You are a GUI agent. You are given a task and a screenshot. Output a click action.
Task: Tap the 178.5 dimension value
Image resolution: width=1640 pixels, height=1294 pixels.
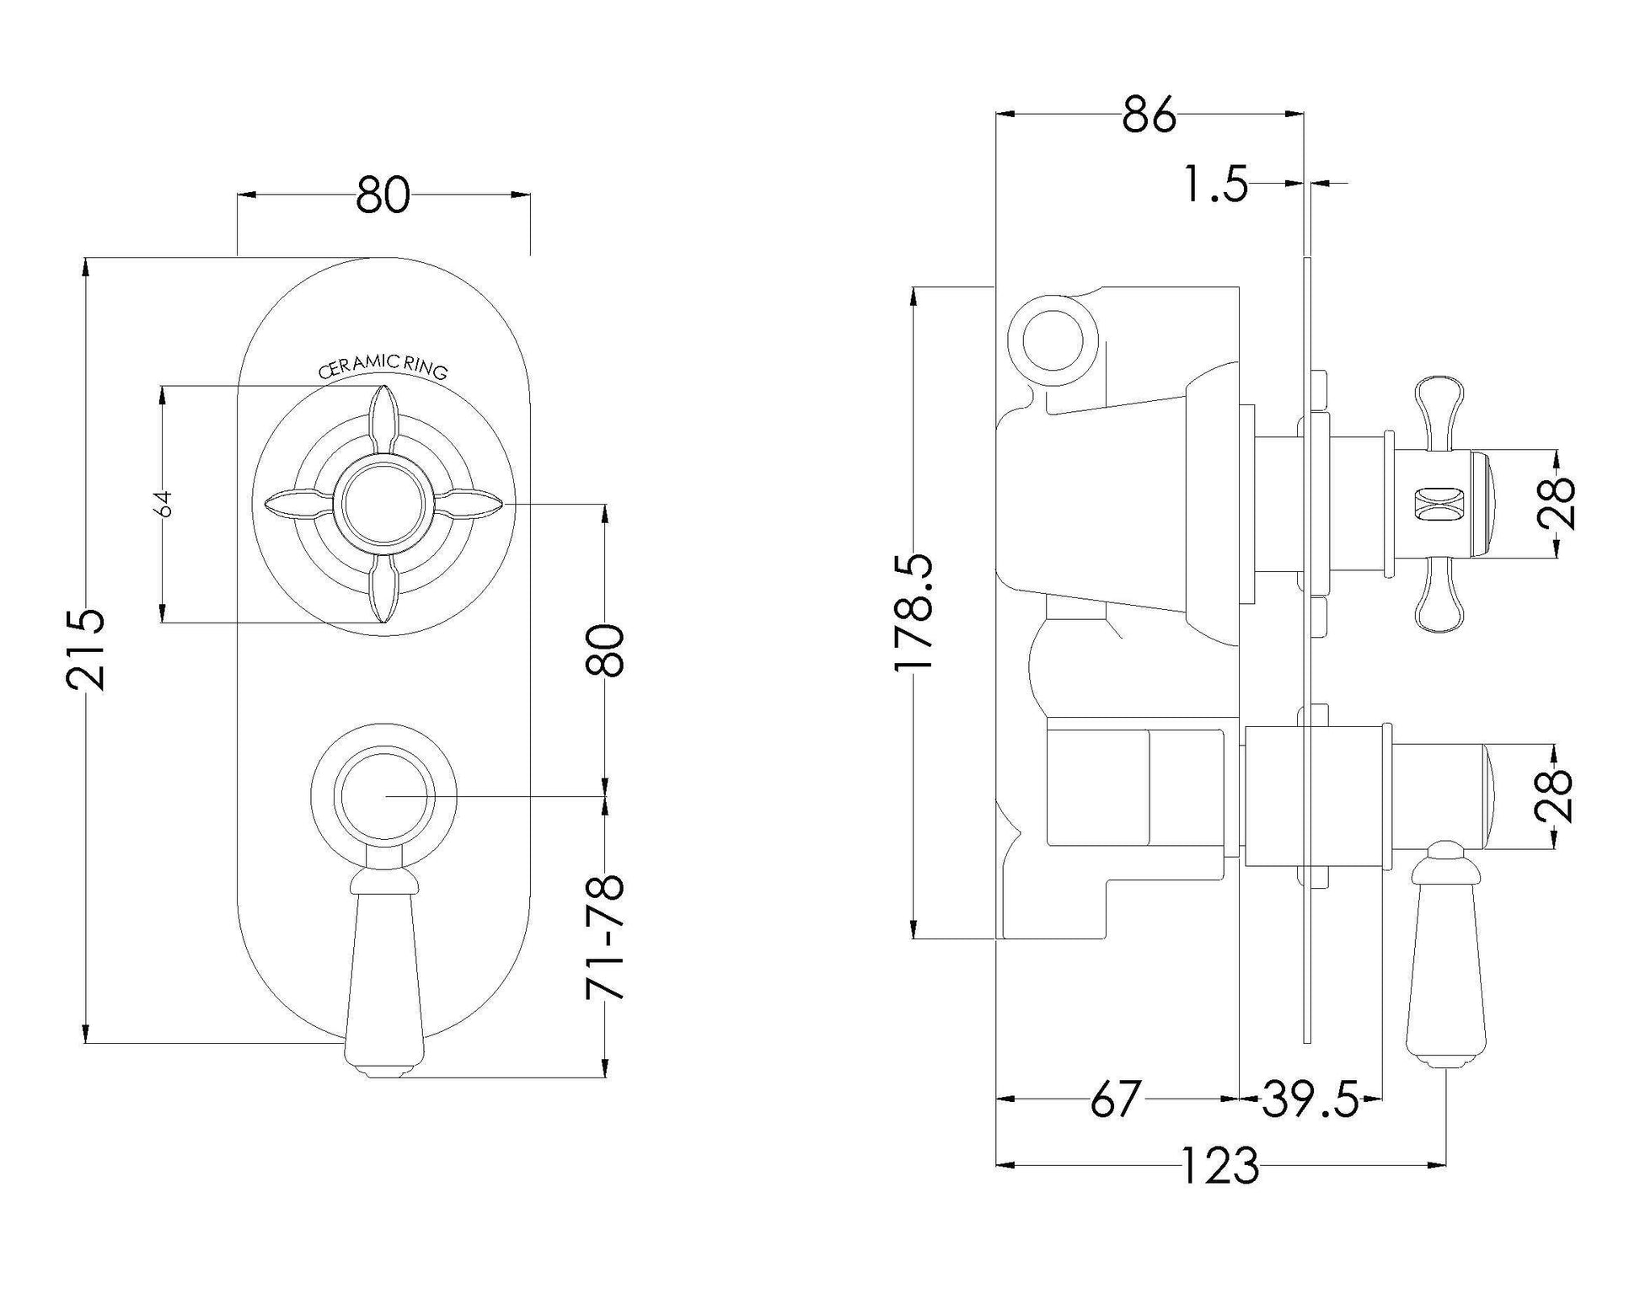(x=914, y=612)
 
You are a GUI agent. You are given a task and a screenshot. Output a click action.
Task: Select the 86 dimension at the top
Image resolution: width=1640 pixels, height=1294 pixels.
(x=1149, y=115)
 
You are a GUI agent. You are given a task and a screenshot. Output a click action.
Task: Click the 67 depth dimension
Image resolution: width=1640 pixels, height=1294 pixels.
(x=1115, y=1099)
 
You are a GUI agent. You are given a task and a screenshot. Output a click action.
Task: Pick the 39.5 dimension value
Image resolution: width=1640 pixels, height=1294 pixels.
(x=1310, y=1099)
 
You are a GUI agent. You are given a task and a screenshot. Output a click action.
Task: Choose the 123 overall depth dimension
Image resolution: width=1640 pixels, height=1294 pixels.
(x=1220, y=1166)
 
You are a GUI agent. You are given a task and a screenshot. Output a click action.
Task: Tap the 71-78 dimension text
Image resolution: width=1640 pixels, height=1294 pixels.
(x=605, y=936)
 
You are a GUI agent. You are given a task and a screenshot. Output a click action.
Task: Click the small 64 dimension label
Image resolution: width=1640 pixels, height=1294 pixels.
(x=165, y=504)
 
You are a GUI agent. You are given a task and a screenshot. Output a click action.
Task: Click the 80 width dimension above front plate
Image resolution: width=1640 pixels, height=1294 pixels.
(x=383, y=195)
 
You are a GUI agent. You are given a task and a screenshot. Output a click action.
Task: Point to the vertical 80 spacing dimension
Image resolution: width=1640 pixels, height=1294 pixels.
(x=605, y=650)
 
